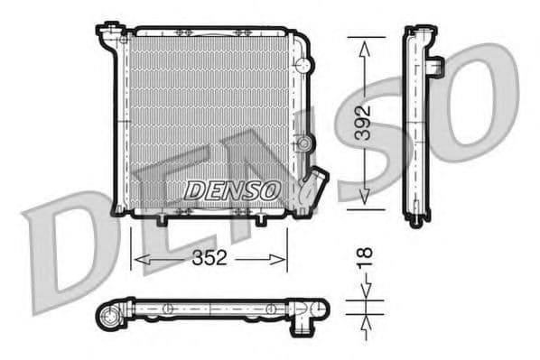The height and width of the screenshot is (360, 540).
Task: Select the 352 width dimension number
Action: point(209,260)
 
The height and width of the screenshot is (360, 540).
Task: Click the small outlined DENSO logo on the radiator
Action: point(231,190)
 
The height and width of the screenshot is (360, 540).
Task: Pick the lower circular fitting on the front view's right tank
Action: point(306,144)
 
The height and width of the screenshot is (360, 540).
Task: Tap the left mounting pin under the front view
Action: point(162,221)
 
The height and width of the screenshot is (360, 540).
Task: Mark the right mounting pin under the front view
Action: point(260,221)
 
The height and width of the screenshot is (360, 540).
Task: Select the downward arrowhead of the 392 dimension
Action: point(363,200)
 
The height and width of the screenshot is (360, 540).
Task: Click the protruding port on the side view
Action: point(434,67)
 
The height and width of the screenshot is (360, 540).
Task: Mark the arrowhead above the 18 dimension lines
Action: point(363,291)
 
